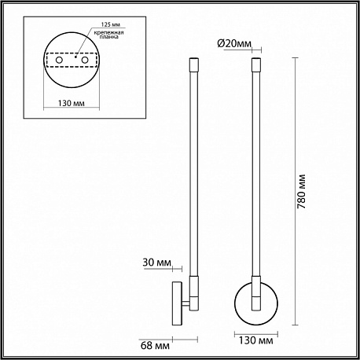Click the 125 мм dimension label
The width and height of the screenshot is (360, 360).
[x=111, y=24]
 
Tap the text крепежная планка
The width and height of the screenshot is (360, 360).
[x=109, y=35]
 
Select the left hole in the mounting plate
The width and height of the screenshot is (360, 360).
[x=59, y=60]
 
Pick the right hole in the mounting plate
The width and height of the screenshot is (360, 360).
[x=85, y=60]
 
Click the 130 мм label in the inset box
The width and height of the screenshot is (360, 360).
[x=72, y=103]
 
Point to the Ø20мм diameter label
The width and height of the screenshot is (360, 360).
[x=234, y=44]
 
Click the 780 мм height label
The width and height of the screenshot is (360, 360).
[x=302, y=191]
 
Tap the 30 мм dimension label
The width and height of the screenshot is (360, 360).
[x=156, y=263]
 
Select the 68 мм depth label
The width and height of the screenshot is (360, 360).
[x=155, y=345]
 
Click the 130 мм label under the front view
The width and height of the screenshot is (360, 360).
[x=256, y=340]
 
